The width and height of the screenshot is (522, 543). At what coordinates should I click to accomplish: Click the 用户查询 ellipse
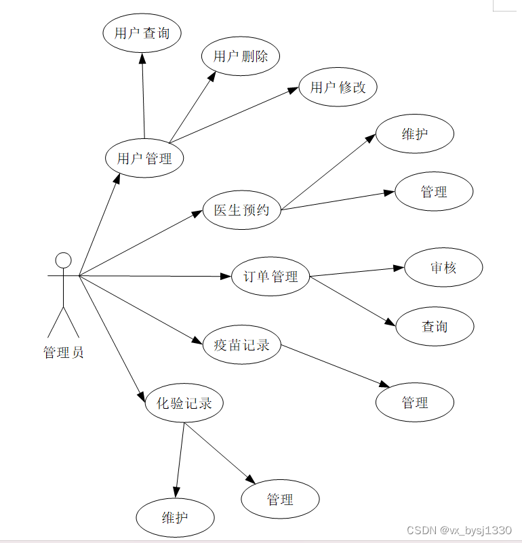(142, 33)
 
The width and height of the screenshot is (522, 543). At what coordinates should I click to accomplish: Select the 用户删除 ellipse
(241, 56)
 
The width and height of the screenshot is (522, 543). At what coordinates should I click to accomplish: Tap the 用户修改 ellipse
(338, 87)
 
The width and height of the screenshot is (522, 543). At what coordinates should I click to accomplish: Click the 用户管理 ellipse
(144, 159)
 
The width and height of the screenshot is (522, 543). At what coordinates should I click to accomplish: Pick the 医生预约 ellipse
(242, 210)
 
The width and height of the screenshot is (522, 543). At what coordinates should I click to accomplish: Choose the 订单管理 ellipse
(270, 277)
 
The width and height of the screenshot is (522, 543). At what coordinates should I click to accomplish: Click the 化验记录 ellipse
(184, 403)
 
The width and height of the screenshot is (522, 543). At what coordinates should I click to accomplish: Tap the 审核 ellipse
(443, 267)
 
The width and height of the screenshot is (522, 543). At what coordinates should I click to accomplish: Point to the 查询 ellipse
(435, 327)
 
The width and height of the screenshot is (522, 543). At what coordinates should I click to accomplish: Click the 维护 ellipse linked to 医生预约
(415, 134)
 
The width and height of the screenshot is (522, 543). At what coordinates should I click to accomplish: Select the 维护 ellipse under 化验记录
(175, 518)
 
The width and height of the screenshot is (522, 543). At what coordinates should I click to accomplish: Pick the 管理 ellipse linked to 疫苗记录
(415, 402)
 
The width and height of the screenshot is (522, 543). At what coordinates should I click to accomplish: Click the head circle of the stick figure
(63, 260)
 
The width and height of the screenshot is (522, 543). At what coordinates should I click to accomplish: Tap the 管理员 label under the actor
(63, 353)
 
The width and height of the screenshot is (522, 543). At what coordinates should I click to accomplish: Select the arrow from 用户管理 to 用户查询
(143, 95)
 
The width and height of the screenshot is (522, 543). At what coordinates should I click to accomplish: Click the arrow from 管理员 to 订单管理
(156, 276)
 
